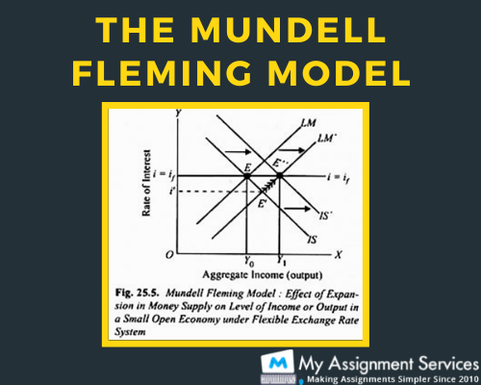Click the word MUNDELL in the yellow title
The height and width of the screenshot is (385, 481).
[x=288, y=30]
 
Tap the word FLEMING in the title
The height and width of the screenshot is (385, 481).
[x=162, y=73]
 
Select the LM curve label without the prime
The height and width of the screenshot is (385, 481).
[x=309, y=122]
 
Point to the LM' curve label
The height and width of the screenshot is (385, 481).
[x=326, y=139]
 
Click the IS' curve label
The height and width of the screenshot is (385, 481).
[x=325, y=216]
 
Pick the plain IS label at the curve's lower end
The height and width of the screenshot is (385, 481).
[x=313, y=240]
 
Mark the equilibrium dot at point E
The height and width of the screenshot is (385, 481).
[x=247, y=176]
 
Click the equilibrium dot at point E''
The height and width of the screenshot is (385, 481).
[x=280, y=175]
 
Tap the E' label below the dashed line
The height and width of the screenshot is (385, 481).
[x=263, y=203]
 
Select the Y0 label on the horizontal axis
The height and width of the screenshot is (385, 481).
[x=249, y=262]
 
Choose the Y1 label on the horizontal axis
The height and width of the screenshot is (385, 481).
[x=281, y=261]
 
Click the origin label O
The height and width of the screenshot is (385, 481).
[x=169, y=255]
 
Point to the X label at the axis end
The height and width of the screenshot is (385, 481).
[x=339, y=255]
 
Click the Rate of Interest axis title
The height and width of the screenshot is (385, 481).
[x=146, y=183]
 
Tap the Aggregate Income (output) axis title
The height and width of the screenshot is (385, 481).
[x=263, y=275]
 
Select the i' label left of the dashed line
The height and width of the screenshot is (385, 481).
[x=172, y=192]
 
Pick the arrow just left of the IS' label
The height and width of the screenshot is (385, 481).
[x=297, y=209]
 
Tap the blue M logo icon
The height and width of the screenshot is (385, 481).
[x=278, y=363]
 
